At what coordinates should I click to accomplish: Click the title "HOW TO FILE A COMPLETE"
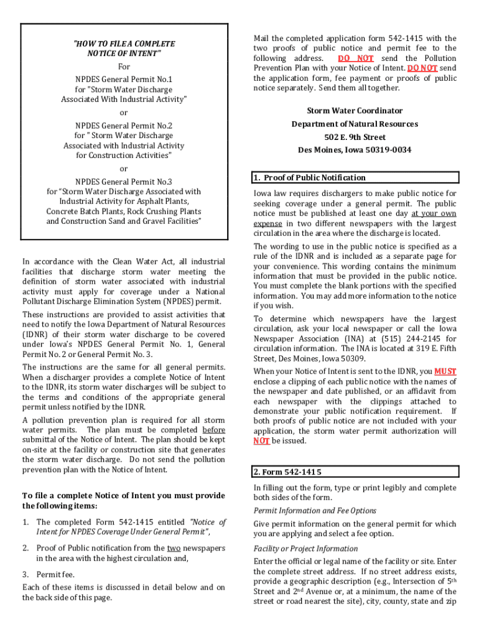[x=124, y=44]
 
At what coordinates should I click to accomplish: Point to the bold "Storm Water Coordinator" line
[x=354, y=111]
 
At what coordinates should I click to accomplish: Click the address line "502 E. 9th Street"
[x=355, y=137]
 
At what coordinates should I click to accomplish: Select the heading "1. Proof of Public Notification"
[x=310, y=178]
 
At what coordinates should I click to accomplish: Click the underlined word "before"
[x=214, y=430]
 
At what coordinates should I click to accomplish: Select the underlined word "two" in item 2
[x=174, y=548]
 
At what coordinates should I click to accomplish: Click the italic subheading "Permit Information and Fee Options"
[x=314, y=511]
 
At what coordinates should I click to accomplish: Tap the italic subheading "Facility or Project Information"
[x=305, y=549]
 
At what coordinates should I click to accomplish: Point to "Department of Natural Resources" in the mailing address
[x=355, y=124]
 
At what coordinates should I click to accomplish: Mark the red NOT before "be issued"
[x=261, y=441]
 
